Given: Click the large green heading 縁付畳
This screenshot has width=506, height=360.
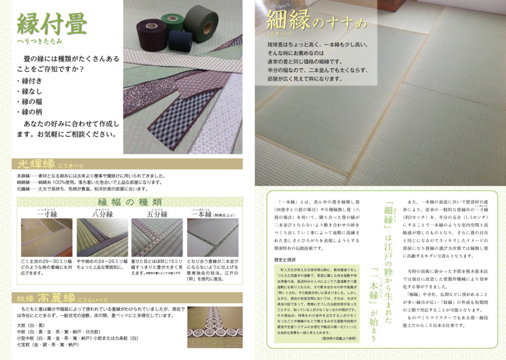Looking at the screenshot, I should (x=52, y=24).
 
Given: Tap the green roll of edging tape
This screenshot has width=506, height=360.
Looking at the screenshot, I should (x=201, y=23).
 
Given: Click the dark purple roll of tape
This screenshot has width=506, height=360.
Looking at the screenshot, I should (x=151, y=35).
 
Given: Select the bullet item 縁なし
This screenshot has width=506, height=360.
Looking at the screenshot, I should (x=31, y=91).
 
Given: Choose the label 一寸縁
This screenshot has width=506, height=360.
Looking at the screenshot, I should (x=46, y=214).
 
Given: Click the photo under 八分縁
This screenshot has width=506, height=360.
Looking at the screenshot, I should (x=102, y=237).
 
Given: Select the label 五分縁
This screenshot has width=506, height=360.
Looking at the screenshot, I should (x=157, y=214).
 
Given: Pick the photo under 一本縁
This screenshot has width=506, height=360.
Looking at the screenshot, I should (x=212, y=237).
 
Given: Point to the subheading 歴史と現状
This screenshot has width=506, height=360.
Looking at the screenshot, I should (x=286, y=259).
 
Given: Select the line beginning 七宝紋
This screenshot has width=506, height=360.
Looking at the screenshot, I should (x=47, y=345).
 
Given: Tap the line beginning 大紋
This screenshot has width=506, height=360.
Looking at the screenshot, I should (x=38, y=325).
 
